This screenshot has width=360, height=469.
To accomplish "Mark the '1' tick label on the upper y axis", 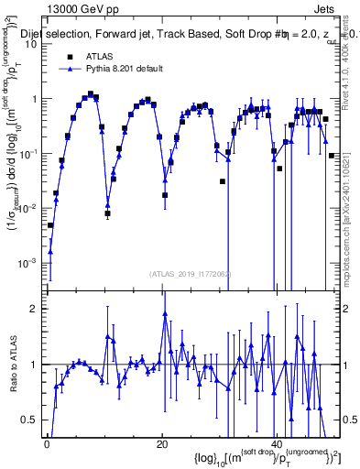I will pyautogui.click(x=35, y=99).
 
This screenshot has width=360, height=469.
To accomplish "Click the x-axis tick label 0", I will pyautogui.click(x=47, y=444).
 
